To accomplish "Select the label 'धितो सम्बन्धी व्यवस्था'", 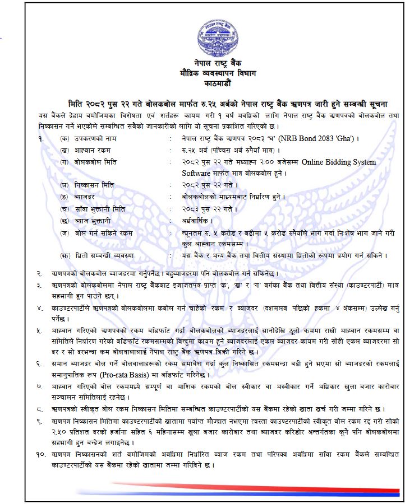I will [103, 255].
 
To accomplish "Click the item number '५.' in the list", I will [40, 330].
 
